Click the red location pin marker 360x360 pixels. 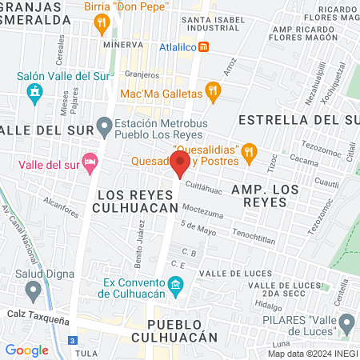[x=180, y=165]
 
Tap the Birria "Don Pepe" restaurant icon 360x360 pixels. [x=101, y=24]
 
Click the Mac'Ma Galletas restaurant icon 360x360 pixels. [x=212, y=92]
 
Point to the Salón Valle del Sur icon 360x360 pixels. [x=34, y=94]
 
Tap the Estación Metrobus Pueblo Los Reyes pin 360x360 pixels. [x=104, y=125]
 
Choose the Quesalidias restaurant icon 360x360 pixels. [x=250, y=150]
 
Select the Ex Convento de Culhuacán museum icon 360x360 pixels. [x=175, y=286]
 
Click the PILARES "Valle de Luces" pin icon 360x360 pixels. [x=346, y=324]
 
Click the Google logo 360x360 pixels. [x=27, y=350]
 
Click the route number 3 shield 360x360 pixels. [x=73, y=341]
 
